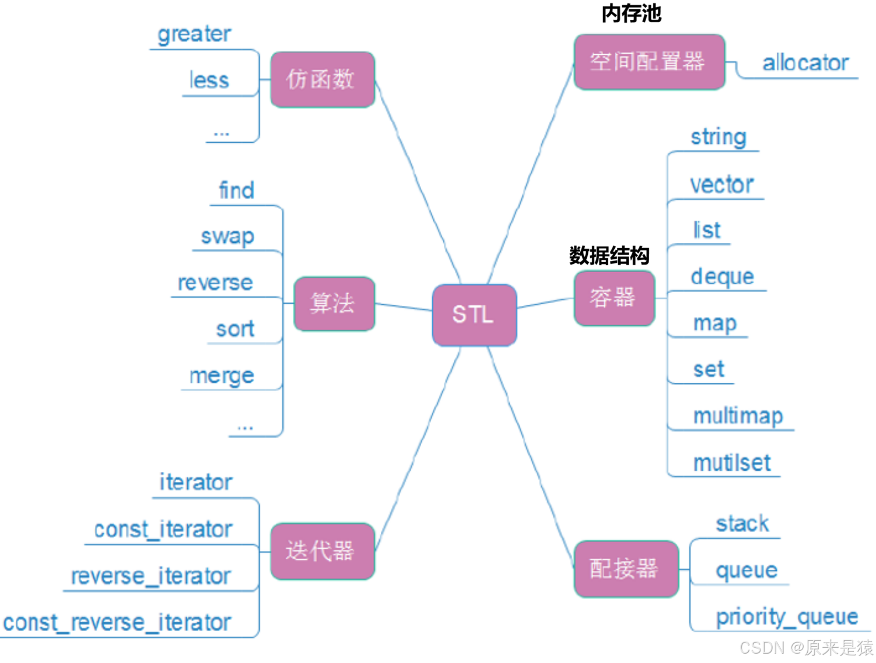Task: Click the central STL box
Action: (474, 315)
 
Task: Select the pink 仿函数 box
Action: (323, 79)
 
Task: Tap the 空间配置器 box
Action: (649, 62)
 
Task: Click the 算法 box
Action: (334, 304)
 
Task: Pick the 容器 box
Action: (614, 298)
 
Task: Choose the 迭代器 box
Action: (323, 551)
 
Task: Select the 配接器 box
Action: (626, 569)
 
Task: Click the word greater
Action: (194, 34)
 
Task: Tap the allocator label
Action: (805, 62)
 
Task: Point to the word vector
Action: (722, 185)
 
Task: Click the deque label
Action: (722, 277)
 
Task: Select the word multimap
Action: (738, 416)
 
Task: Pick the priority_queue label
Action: (787, 617)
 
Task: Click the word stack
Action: (742, 524)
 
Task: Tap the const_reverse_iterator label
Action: (117, 623)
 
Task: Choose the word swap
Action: (227, 237)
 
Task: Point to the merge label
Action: (222, 376)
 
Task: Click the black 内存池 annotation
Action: (632, 13)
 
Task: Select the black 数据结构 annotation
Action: (609, 255)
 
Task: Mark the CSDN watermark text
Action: (806, 647)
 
